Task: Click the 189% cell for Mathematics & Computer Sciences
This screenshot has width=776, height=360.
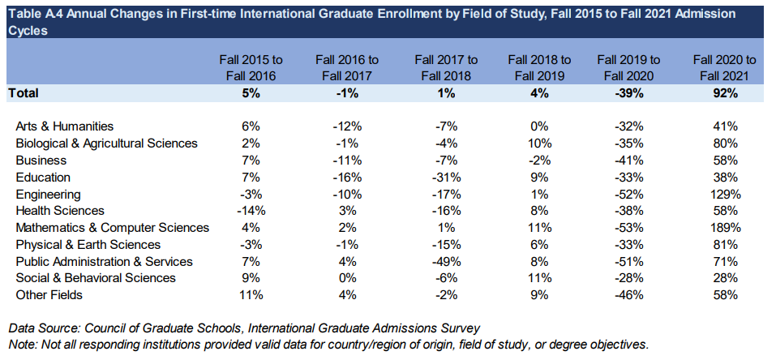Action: pyautogui.click(x=725, y=228)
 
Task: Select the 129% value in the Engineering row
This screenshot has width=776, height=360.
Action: pyautogui.click(x=725, y=194)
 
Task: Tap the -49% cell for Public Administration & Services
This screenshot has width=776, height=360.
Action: pyautogui.click(x=446, y=262)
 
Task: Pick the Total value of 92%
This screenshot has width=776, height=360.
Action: pyautogui.click(x=725, y=93)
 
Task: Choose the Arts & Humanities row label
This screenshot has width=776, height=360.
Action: pyautogui.click(x=65, y=126)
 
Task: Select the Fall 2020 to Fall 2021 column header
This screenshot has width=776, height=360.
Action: pyautogui.click(x=725, y=68)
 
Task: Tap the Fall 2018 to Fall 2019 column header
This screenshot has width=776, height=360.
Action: pyautogui.click(x=539, y=68)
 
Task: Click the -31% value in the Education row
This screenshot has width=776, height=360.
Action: pyautogui.click(x=446, y=177)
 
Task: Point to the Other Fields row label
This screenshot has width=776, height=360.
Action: pyautogui.click(x=49, y=295)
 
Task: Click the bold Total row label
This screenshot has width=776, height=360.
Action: pyautogui.click(x=24, y=93)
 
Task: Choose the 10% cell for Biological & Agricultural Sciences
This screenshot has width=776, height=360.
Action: pyautogui.click(x=539, y=144)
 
